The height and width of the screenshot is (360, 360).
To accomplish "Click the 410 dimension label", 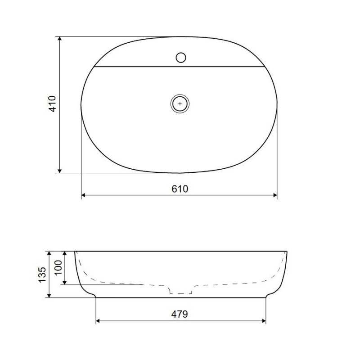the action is (x=53, y=104).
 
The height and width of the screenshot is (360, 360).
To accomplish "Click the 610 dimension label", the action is (x=180, y=189).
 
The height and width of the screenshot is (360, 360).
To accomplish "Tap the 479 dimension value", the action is (x=180, y=314).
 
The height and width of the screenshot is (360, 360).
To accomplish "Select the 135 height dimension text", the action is (x=42, y=274).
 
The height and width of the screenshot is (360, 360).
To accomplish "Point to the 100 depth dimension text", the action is (x=58, y=267).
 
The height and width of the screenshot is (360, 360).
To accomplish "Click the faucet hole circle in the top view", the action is (x=181, y=58).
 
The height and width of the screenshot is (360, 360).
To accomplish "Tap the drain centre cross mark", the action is (x=180, y=104).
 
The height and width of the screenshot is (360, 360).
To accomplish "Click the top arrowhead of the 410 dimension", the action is (x=60, y=39).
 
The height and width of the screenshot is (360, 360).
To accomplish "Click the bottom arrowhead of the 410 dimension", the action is (x=60, y=171).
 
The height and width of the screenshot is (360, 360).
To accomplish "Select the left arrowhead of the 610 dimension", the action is (x=84, y=195).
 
